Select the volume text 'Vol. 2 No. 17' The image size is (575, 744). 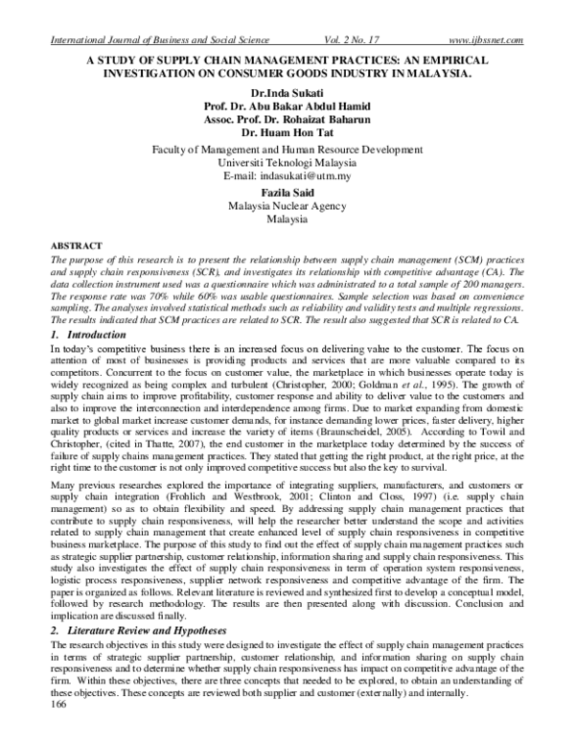[x=341, y=38]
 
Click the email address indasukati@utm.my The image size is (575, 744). [x=287, y=176]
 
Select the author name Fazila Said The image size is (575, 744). [x=287, y=192]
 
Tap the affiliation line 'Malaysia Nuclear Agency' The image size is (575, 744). [x=287, y=205]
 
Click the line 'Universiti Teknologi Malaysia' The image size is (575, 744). [x=287, y=163]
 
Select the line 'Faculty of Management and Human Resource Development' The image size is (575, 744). [x=287, y=150]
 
